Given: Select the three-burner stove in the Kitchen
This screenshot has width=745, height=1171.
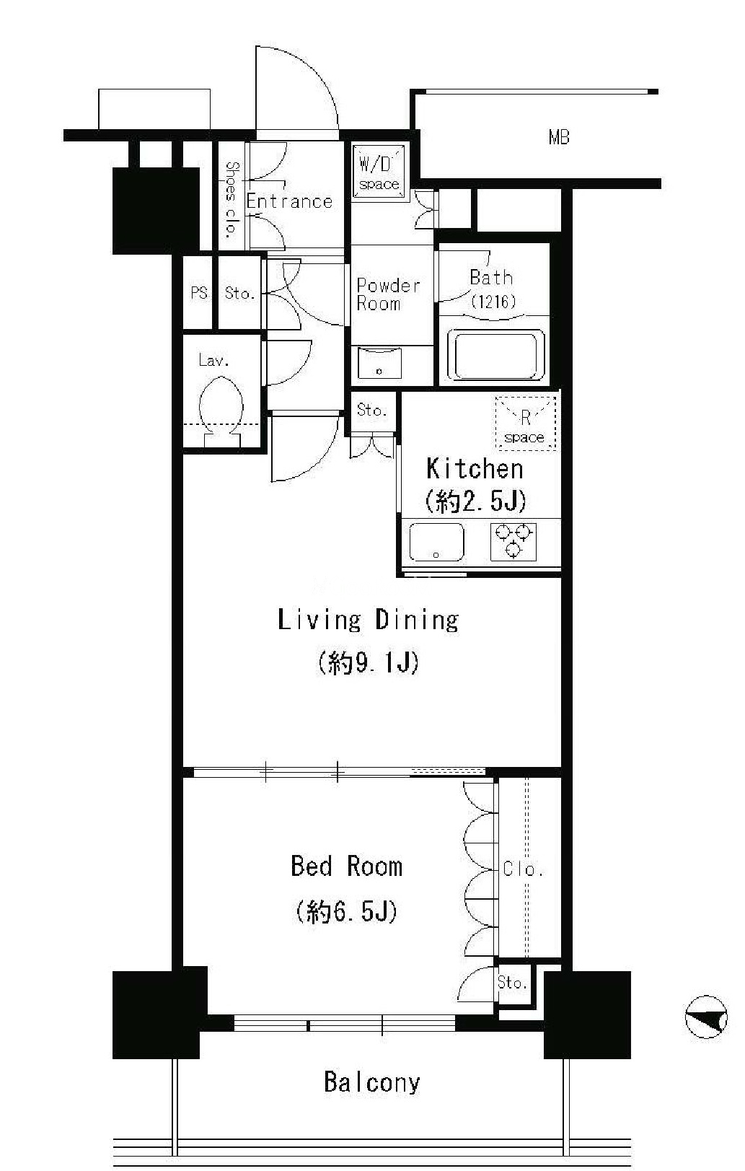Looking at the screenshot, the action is tap(513, 542).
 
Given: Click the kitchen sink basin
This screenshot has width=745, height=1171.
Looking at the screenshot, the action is tap(436, 542).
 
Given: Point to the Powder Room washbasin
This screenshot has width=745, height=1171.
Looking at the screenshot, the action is tap(379, 361).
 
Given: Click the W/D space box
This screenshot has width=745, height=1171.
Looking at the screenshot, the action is tap(379, 172).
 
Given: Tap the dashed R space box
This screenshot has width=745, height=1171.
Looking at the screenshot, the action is tap(525, 423).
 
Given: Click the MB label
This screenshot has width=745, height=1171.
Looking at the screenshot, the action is tap(558, 138).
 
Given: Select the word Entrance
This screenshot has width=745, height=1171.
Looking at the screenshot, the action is tap(289, 201).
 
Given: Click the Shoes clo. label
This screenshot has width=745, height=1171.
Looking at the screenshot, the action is tap(232, 200).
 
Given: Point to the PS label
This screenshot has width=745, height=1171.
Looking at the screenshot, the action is tap(199, 293).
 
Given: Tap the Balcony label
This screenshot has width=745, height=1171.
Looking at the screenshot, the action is tap(372, 1082).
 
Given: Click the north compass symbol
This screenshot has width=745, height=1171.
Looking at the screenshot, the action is tap(706, 1017).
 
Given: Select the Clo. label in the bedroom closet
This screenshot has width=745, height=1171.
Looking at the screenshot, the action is tap(523, 869).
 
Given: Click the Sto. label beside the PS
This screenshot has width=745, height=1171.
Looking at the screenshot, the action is tap(240, 293).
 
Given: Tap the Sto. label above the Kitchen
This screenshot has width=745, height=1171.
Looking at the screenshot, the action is tap(372, 411).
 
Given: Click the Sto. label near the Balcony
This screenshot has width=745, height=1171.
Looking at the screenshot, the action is tap(512, 983).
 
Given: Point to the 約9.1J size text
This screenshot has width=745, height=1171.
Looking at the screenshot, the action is tap(369, 663).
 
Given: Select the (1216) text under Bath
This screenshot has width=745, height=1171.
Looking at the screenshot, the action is tap(493, 302).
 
